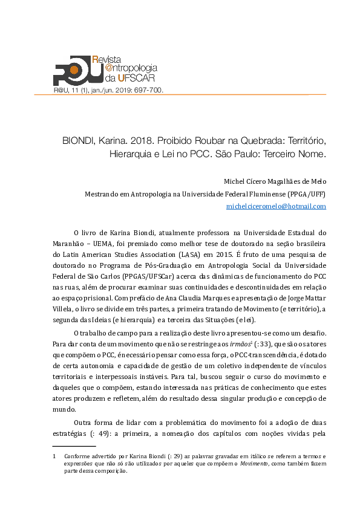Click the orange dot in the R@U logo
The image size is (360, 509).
(x=73, y=68)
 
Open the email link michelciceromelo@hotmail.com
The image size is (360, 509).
(x=276, y=206)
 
